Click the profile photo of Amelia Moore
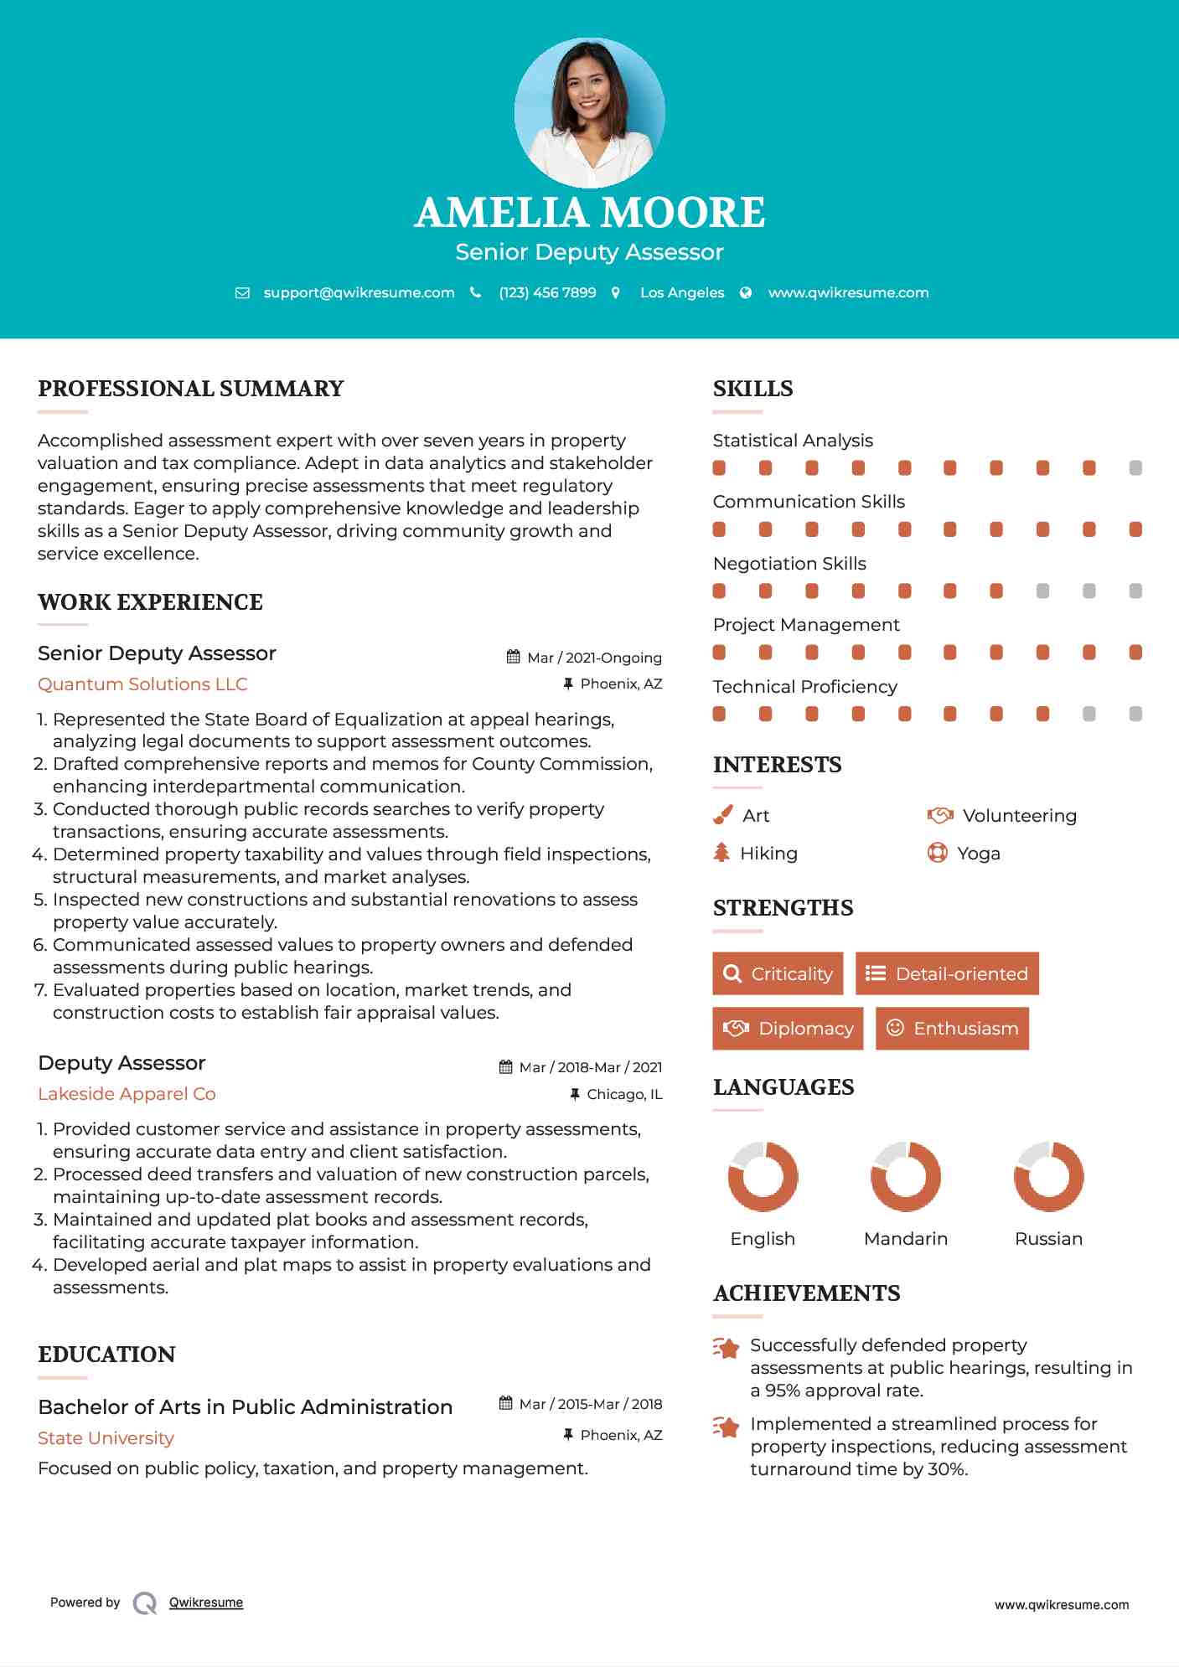pos(589,112)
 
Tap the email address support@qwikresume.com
pos(359,292)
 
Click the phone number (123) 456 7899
pos(547,292)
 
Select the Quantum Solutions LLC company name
pos(142,684)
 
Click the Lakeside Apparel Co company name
pos(127,1094)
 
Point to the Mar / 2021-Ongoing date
pos(594,658)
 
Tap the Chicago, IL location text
pos(624,1094)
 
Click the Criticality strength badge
pos(778,973)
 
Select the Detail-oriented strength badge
pos(947,973)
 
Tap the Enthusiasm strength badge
pos(952,1029)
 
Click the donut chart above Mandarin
pos(906,1176)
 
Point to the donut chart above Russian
pos(1049,1176)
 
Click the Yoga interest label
pos(979,854)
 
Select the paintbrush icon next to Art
pos(722,815)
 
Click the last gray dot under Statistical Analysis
pos(1135,468)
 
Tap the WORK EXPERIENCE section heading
pos(150,602)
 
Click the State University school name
pos(106,1438)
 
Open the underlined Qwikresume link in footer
pos(206,1602)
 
